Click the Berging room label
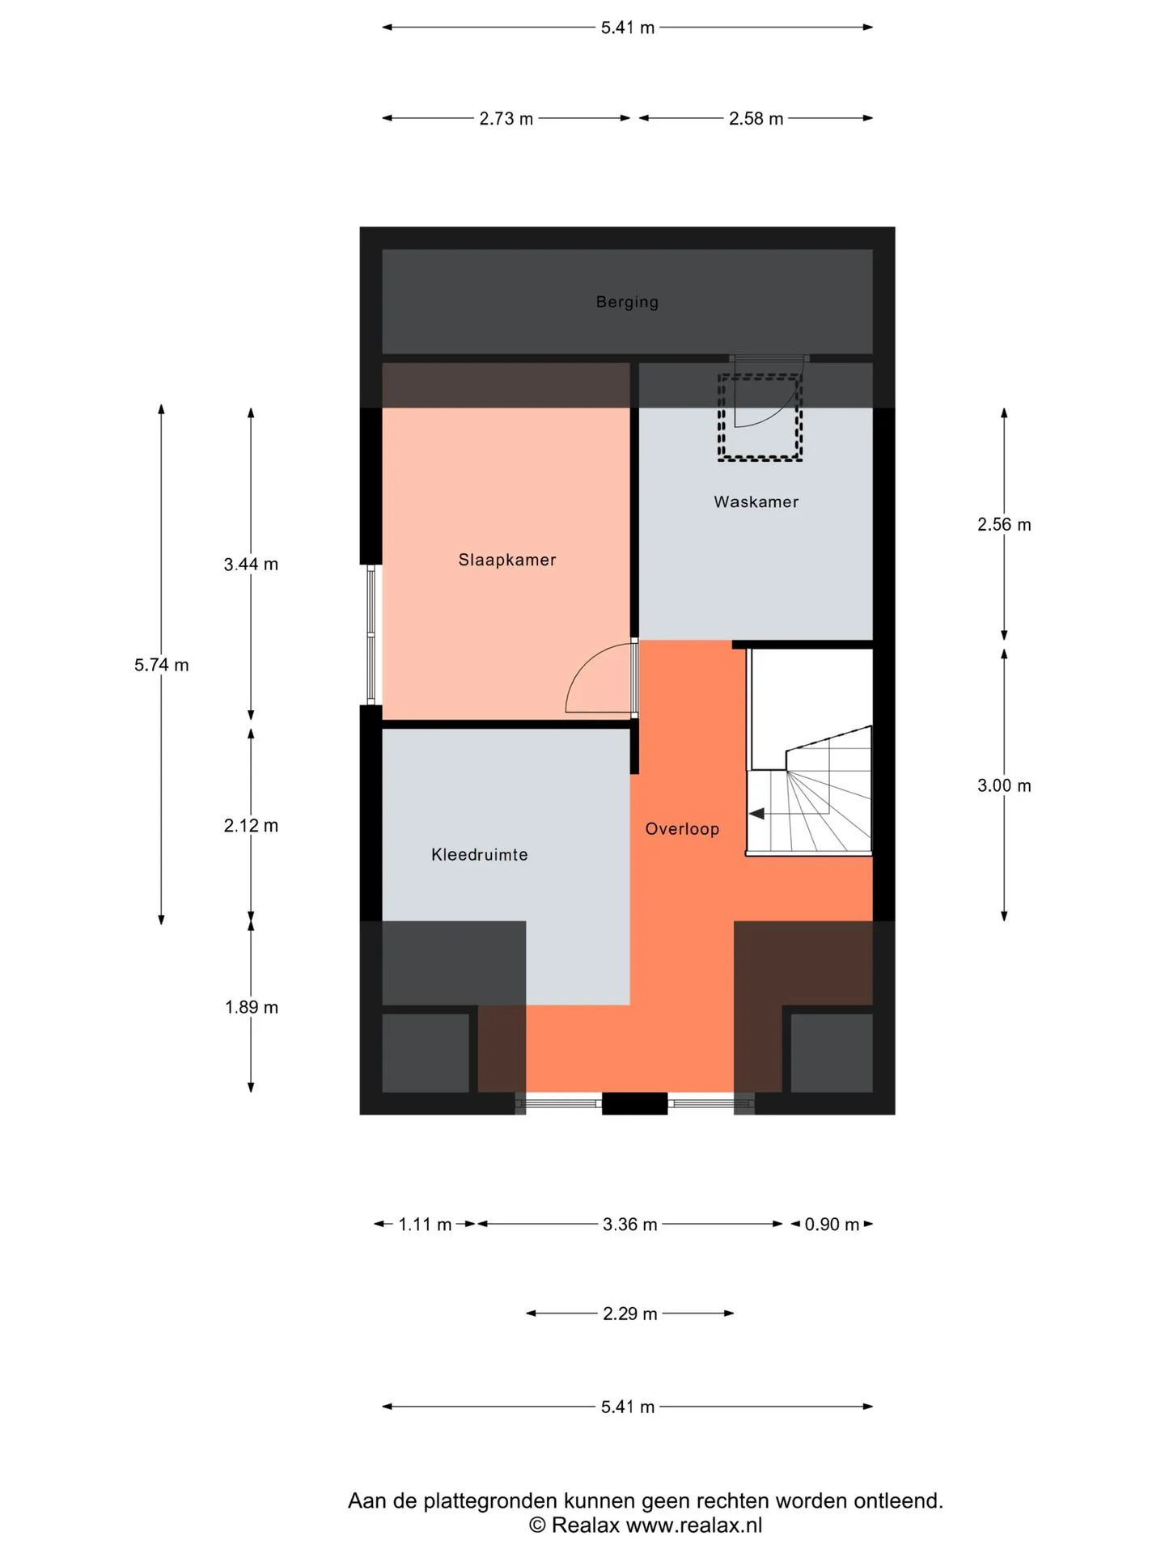(x=627, y=302)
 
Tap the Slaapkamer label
(x=507, y=560)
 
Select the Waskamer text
(x=756, y=501)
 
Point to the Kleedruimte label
(x=479, y=854)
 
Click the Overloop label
(x=682, y=829)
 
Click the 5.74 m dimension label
(x=162, y=665)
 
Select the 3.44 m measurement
(x=251, y=564)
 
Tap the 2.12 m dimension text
(x=251, y=825)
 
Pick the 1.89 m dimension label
(x=251, y=1007)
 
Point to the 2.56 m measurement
(x=1004, y=524)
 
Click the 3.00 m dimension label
(x=1004, y=785)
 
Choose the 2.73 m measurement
(x=506, y=118)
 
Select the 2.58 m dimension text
(x=756, y=118)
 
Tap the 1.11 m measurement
(x=425, y=1225)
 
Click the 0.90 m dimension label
(x=832, y=1225)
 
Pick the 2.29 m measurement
(x=629, y=1314)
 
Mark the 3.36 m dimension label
(x=629, y=1225)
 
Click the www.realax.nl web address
(x=694, y=1525)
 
